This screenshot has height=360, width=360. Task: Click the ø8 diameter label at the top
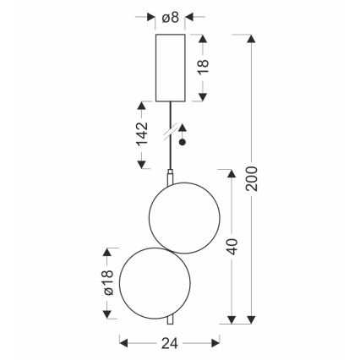pyautogui.click(x=171, y=18)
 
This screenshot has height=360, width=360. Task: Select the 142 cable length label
pyautogui.click(x=142, y=134)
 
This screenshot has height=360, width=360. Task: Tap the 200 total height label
pyautogui.click(x=251, y=179)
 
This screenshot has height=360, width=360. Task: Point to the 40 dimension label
pyautogui.click(x=232, y=247)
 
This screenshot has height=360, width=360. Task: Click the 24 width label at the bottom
pyautogui.click(x=170, y=343)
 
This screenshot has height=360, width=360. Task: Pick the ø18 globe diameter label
pyautogui.click(x=108, y=282)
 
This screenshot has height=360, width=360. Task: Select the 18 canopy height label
pyautogui.click(x=204, y=67)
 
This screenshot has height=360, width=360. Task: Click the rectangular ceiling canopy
pyautogui.click(x=171, y=68)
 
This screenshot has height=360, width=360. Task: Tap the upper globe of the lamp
pyautogui.click(x=184, y=218)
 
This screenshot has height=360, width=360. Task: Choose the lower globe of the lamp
pyautogui.click(x=155, y=283)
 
